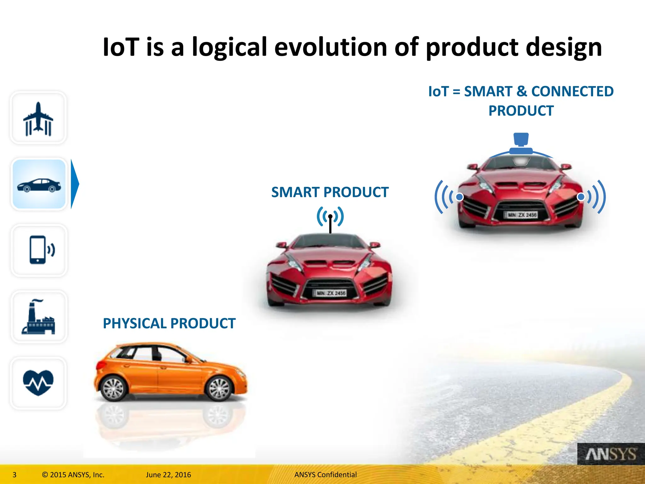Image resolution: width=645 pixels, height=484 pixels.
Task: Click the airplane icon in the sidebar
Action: [38, 118]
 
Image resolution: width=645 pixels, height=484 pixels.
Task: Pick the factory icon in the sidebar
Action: [38, 317]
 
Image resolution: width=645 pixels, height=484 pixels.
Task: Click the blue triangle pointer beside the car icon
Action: [75, 184]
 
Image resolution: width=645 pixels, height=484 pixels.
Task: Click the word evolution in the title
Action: [331, 47]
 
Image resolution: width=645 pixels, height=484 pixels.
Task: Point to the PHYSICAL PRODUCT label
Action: [169, 324]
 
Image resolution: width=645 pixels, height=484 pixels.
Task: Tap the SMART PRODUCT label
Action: [330, 192]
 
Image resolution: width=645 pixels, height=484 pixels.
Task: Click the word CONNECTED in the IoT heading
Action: [572, 92]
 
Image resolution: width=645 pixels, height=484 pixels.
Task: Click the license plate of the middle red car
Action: [331, 293]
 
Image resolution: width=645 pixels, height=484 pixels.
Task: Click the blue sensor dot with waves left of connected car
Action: [459, 197]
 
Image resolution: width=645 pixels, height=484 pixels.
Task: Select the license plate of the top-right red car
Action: [522, 215]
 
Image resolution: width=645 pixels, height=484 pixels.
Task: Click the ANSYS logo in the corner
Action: [610, 454]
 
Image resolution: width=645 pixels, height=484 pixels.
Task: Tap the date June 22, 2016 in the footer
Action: [168, 475]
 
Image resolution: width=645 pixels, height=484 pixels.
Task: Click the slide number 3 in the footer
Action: [14, 475]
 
